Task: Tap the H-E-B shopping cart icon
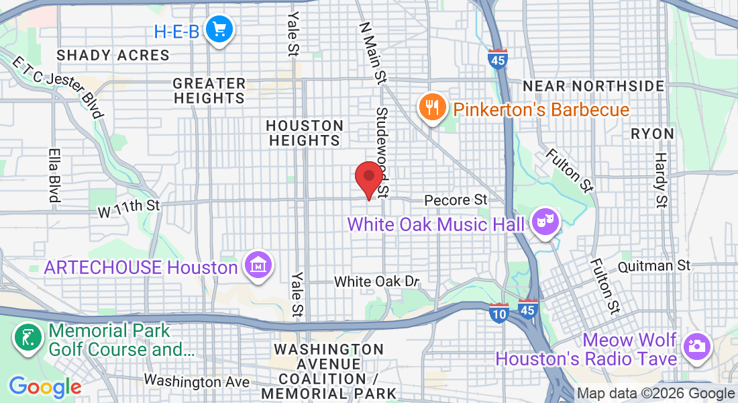pyautogui.click(x=219, y=30)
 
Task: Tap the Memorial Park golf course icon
pyautogui.click(x=27, y=337)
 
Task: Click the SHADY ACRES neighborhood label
pyautogui.click(x=113, y=55)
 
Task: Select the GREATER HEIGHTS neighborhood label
pyautogui.click(x=209, y=91)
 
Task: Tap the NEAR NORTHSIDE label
pyautogui.click(x=594, y=86)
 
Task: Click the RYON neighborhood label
pyautogui.click(x=652, y=134)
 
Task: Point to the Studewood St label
pyautogui.click(x=383, y=153)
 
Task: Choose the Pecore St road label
pyautogui.click(x=456, y=200)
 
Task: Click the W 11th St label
pyautogui.click(x=129, y=208)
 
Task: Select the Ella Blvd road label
pyautogui.click(x=53, y=175)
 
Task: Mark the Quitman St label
pyautogui.click(x=654, y=266)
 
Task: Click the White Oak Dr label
pyautogui.click(x=376, y=281)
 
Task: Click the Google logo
pyautogui.click(x=45, y=387)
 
